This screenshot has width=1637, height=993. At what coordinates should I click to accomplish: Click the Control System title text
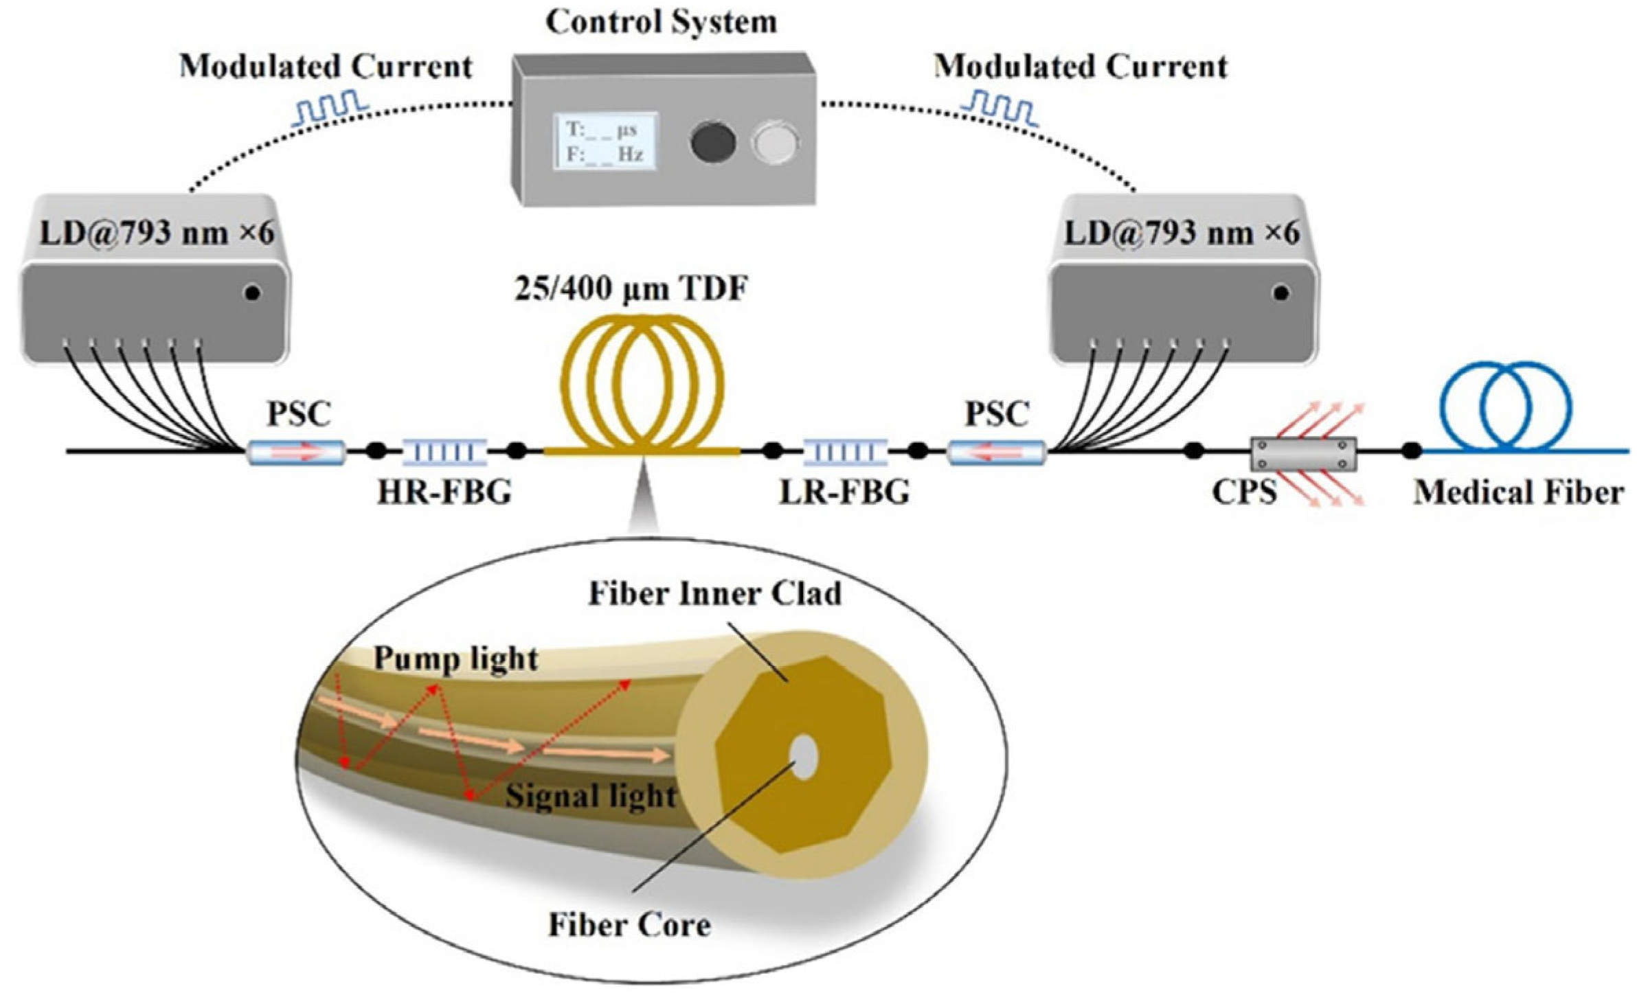point(661,22)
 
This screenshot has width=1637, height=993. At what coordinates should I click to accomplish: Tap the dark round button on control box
point(712,143)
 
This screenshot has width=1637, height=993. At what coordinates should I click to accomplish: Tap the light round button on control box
point(775,143)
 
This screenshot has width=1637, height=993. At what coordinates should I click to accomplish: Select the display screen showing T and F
point(605,141)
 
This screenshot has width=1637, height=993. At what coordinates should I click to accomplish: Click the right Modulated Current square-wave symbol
point(1000,111)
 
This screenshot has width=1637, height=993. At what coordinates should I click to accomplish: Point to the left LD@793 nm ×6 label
point(157,233)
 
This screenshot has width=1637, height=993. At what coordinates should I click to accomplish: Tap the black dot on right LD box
point(1280,293)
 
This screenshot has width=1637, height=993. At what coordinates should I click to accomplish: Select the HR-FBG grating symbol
point(445,452)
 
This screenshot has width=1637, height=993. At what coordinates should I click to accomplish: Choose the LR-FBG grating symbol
point(845,452)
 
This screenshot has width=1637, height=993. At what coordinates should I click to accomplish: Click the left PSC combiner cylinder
point(296,453)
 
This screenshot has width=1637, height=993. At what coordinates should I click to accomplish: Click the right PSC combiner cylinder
point(996,453)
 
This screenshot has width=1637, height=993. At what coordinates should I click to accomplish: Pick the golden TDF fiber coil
point(642,385)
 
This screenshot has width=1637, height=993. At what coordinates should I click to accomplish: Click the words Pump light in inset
point(455,659)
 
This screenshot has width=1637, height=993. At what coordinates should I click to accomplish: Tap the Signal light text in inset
point(591,797)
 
